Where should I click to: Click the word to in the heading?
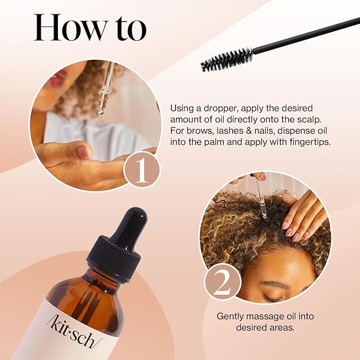127,29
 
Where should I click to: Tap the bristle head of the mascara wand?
226,59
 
